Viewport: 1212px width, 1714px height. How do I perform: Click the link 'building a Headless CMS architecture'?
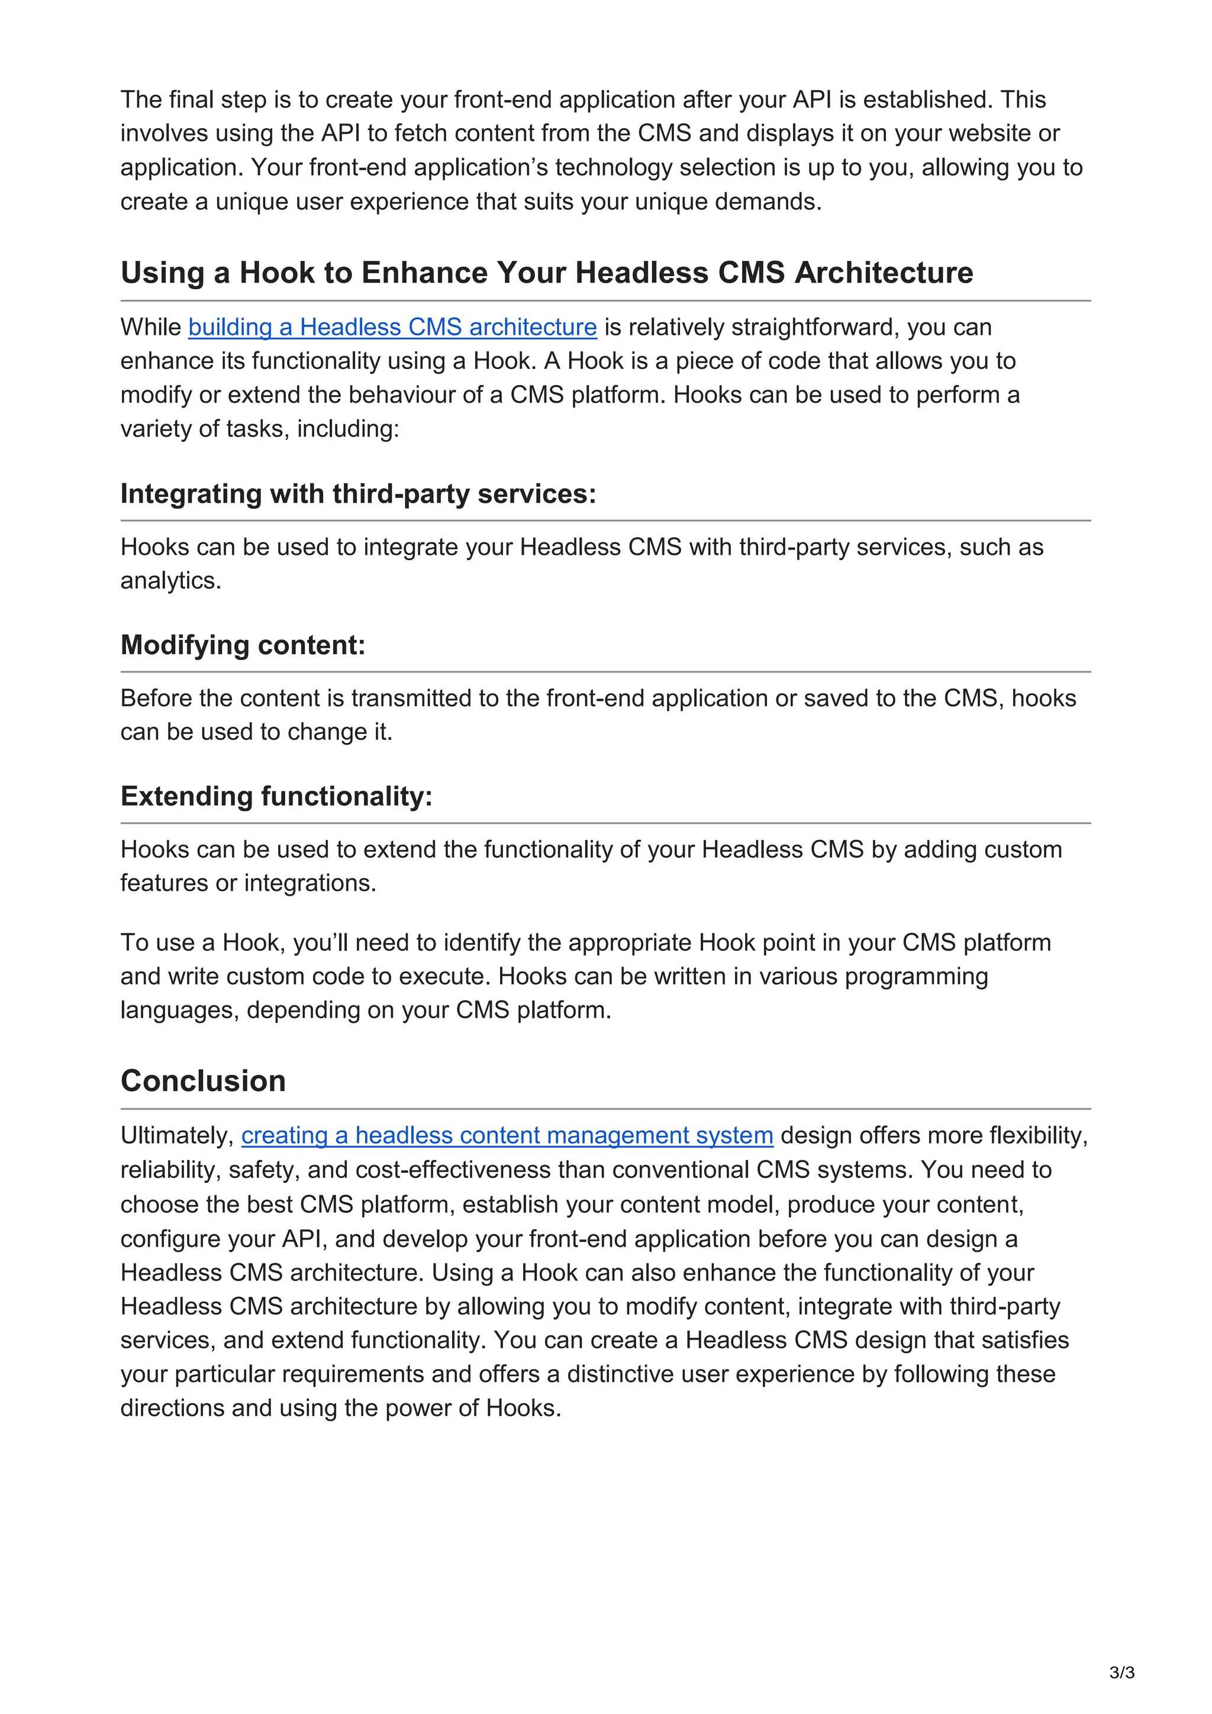pyautogui.click(x=392, y=327)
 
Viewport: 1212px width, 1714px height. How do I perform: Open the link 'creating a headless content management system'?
pyautogui.click(x=507, y=1135)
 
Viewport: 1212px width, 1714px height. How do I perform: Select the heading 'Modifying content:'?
pyautogui.click(x=243, y=645)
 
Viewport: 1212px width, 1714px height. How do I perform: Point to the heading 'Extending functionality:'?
pyautogui.click(x=276, y=796)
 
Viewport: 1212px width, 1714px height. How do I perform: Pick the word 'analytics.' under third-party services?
pyautogui.click(x=171, y=581)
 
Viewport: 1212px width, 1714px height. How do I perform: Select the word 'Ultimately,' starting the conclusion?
pyautogui.click(x=177, y=1135)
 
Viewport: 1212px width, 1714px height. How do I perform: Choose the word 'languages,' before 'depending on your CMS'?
pyautogui.click(x=180, y=1010)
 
